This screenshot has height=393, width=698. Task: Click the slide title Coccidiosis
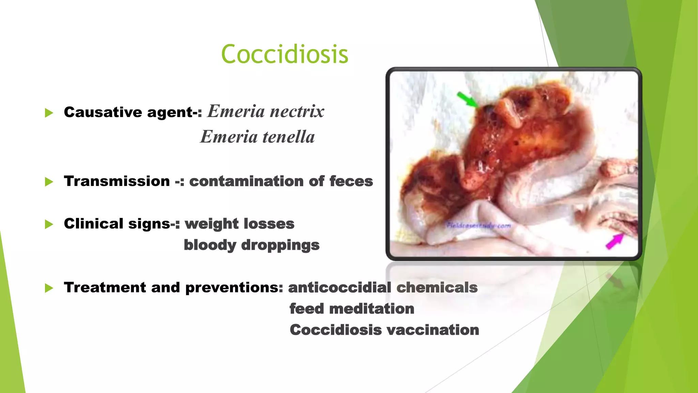tap(285, 54)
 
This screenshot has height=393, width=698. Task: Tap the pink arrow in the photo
tap(615, 241)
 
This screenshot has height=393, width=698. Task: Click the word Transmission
tap(117, 181)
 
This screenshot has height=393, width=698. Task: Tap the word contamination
tap(246, 181)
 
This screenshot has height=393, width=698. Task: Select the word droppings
tap(280, 245)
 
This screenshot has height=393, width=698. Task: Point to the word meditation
tap(371, 309)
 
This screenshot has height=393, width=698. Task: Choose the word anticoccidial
tap(340, 288)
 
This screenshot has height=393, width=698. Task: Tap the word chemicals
tap(437, 288)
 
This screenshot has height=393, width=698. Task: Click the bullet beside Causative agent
tap(49, 113)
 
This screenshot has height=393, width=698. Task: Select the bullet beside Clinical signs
tap(49, 224)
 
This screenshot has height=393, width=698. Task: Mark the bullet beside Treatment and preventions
tap(49, 288)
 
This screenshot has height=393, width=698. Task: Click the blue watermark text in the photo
tap(479, 225)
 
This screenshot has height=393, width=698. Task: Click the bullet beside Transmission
tap(49, 182)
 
